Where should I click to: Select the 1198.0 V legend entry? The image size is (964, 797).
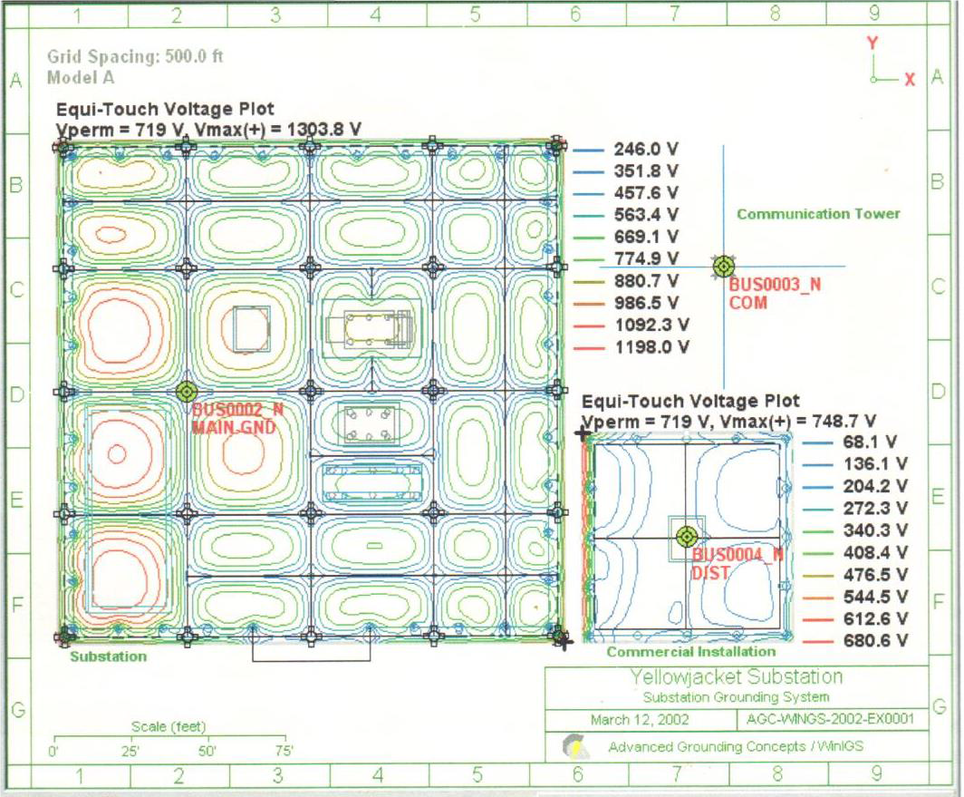tap(651, 346)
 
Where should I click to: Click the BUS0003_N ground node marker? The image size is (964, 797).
tap(723, 266)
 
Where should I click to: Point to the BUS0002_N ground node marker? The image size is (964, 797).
tap(186, 391)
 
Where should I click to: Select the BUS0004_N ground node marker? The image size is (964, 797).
tap(685, 536)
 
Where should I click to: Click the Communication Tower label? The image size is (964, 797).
tap(818, 214)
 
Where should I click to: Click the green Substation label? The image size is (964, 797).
tap(108, 656)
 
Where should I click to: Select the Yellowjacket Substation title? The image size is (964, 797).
tap(736, 677)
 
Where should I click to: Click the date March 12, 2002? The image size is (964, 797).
tap(639, 720)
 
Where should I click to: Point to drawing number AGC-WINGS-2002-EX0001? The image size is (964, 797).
tap(833, 720)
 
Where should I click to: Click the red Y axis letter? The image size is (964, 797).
tap(872, 43)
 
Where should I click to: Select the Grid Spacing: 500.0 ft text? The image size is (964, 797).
tap(135, 56)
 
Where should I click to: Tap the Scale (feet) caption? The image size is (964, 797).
tap(169, 726)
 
